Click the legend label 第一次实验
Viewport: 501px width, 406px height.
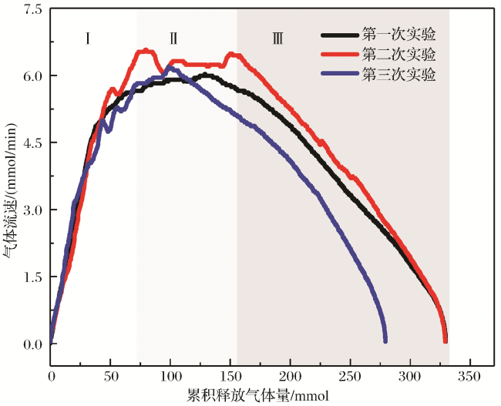[398, 35]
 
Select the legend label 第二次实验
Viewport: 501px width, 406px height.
[398, 55]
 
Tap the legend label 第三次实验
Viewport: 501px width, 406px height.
[398, 75]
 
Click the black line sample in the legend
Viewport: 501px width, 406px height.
[340, 35]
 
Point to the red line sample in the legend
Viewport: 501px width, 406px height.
[340, 55]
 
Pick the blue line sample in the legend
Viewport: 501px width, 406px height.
[340, 75]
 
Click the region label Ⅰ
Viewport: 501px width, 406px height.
[89, 37]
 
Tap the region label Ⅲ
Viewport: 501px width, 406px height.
[277, 37]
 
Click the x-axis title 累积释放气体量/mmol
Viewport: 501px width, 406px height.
[258, 395]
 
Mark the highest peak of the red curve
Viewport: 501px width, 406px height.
[145, 52]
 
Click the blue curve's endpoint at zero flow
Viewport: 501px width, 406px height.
[385, 340]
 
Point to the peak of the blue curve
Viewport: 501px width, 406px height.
[169, 68]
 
